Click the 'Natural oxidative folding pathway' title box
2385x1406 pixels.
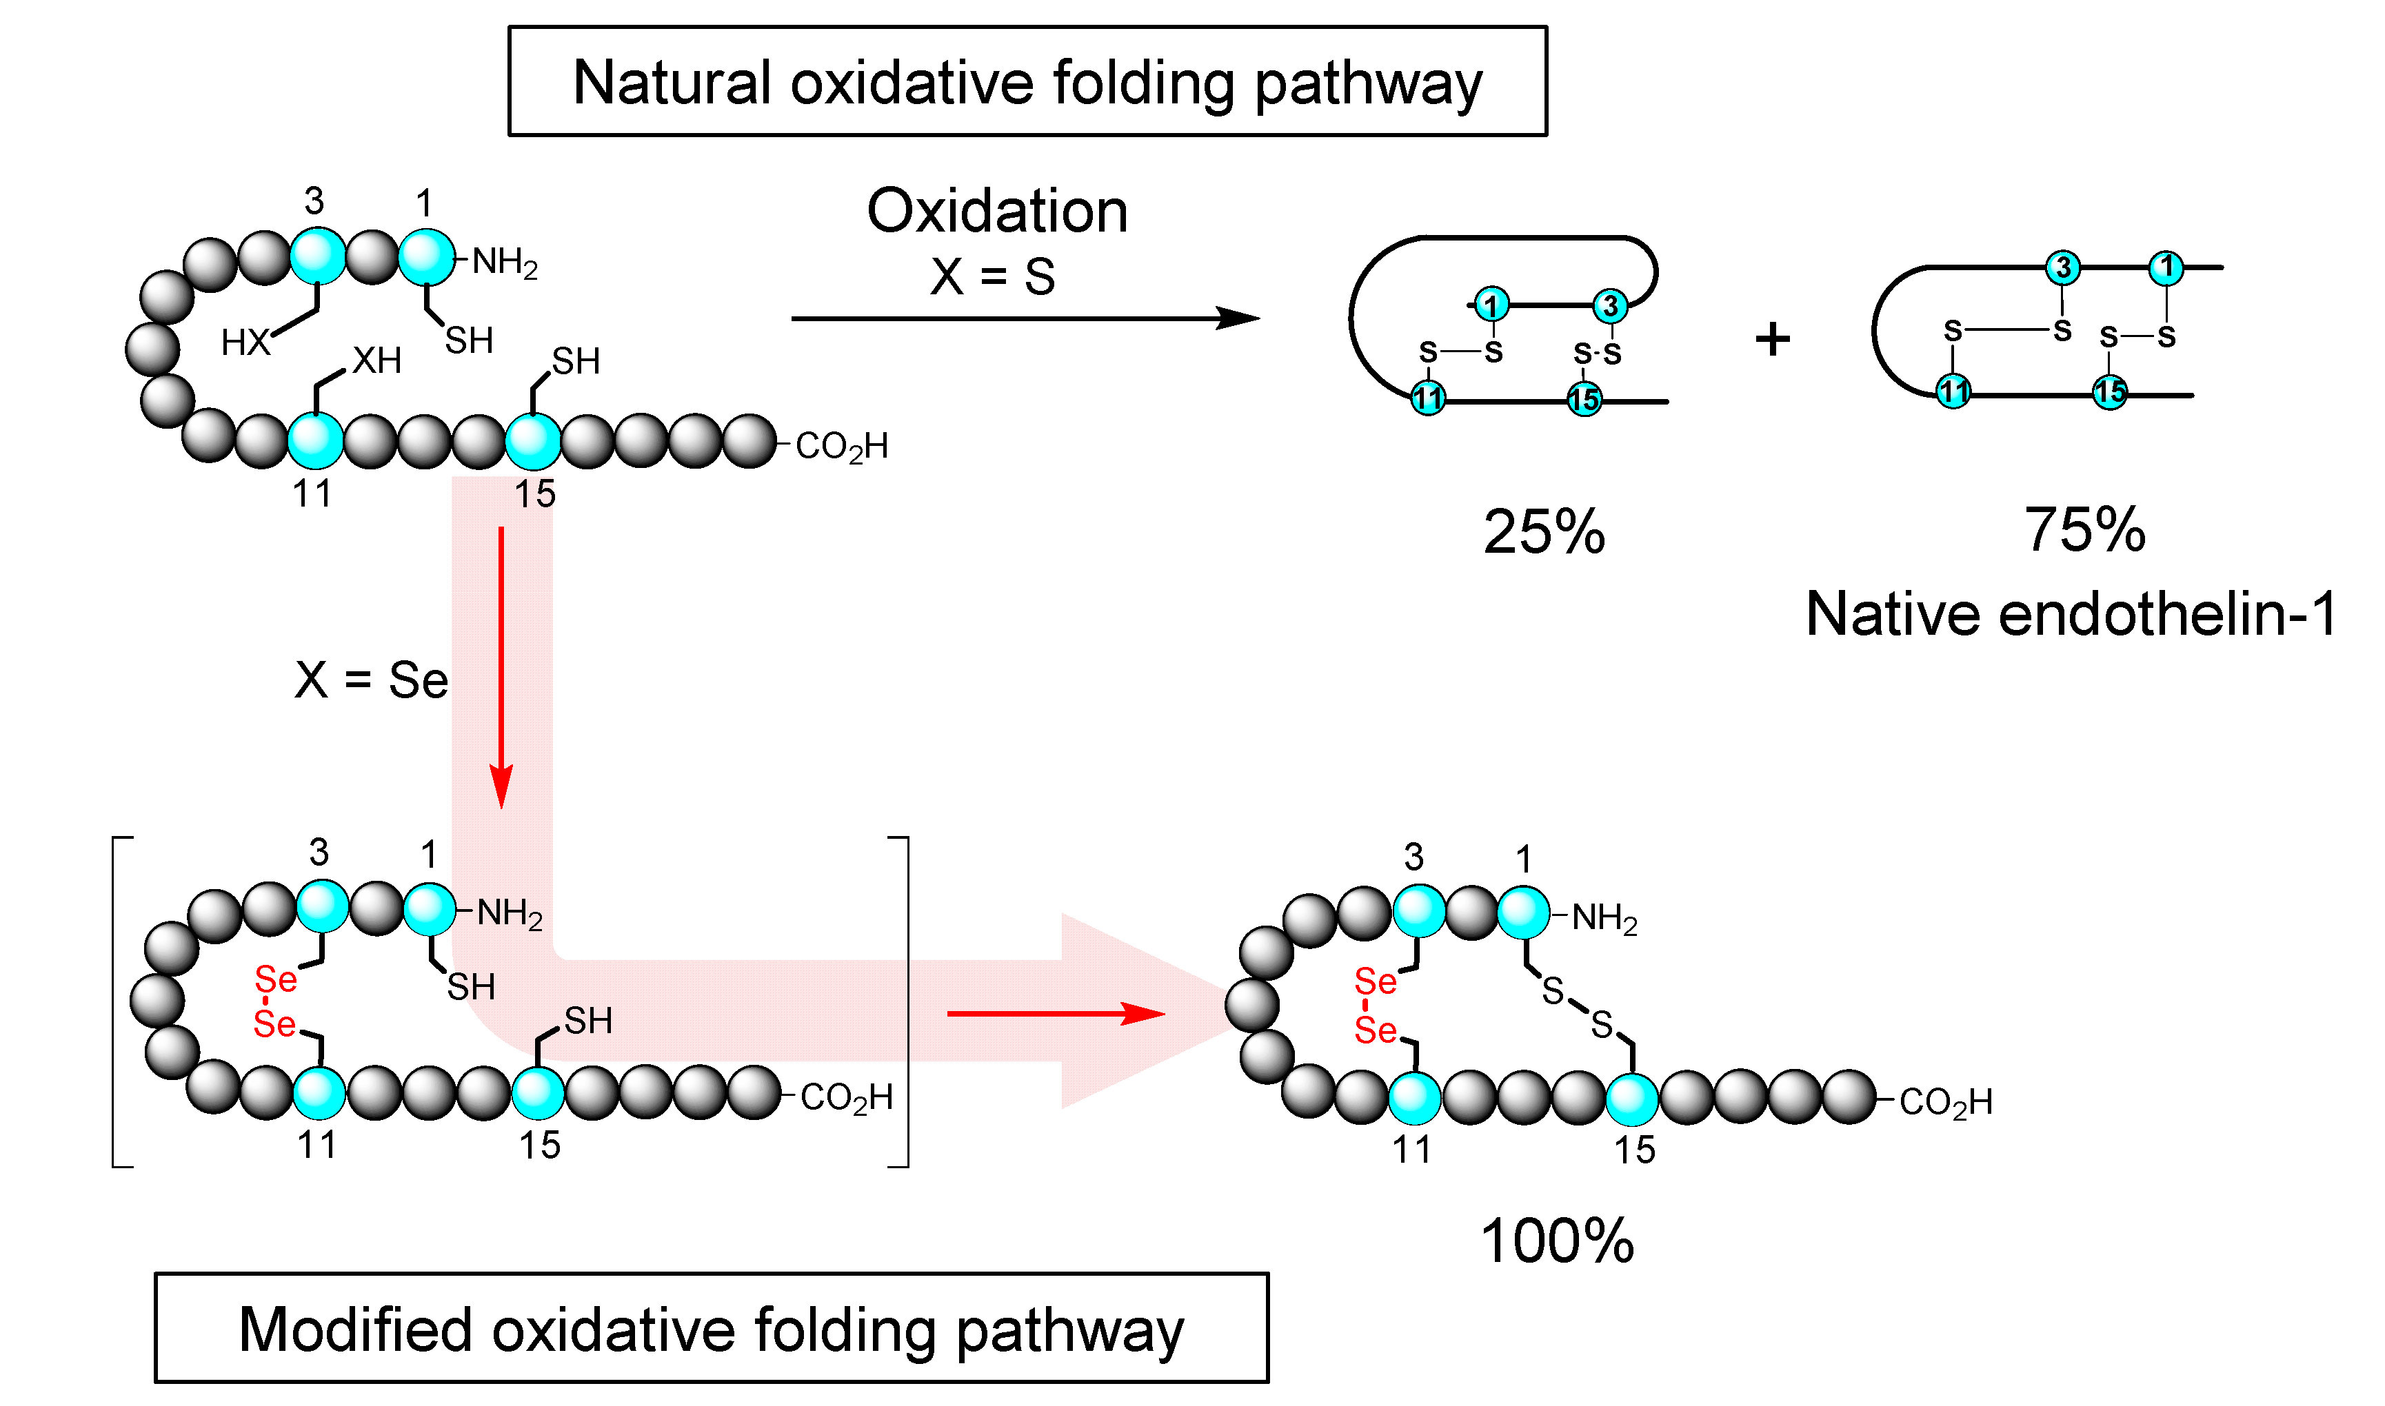(x=1027, y=81)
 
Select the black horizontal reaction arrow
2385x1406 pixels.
(x=1023, y=318)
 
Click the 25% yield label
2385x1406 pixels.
(x=1544, y=531)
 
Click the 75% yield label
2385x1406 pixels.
(x=2084, y=529)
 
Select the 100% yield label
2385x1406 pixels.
(x=1557, y=1241)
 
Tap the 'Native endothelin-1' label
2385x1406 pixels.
(x=2071, y=614)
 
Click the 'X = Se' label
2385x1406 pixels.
(x=370, y=680)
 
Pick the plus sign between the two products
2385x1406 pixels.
(x=1772, y=339)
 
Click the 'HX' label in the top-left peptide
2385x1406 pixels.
(x=245, y=342)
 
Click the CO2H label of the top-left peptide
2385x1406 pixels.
(x=841, y=446)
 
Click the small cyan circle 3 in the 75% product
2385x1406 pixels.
(x=2063, y=268)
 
